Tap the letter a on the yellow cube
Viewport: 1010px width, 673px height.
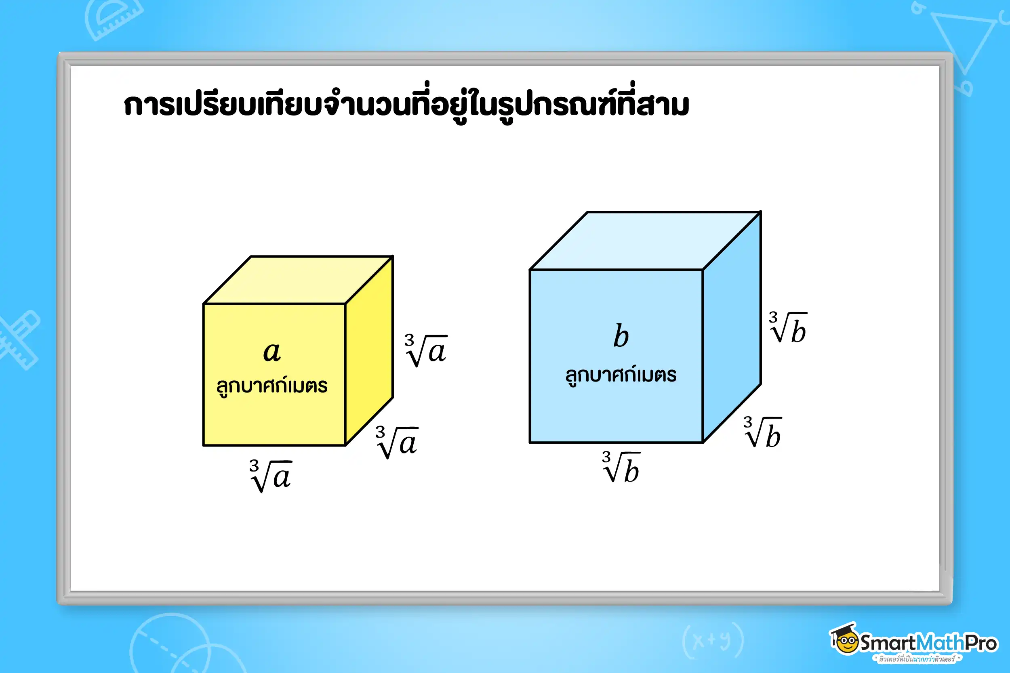272,352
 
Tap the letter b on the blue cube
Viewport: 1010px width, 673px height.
621,335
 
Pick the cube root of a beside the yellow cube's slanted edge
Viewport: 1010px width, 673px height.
397,442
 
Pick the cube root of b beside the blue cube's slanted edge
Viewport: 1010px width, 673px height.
763,433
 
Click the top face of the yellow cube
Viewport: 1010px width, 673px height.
298,280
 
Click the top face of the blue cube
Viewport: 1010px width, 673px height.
645,240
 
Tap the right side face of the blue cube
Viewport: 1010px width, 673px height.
732,326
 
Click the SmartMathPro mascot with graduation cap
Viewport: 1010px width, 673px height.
845,639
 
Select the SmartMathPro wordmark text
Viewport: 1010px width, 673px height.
928,643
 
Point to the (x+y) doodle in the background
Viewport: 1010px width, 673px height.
713,641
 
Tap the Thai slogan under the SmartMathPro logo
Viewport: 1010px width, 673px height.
917,659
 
